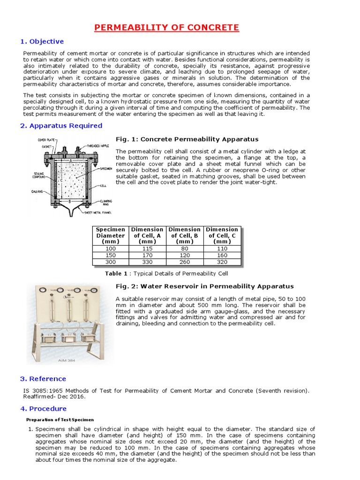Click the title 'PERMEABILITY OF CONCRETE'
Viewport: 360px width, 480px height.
click(166, 28)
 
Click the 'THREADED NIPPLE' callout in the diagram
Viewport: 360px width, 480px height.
click(96, 146)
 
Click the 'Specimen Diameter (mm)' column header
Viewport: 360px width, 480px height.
click(111, 235)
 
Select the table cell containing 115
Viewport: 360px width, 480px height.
click(148, 248)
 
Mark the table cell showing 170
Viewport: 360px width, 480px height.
click(148, 255)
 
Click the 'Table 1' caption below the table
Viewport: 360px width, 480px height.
click(166, 273)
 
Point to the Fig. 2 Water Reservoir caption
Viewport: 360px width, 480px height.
click(204, 286)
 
